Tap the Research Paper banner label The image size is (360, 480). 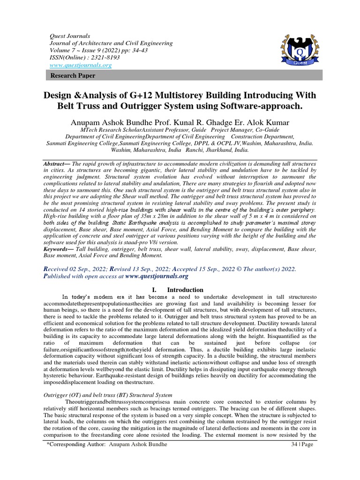[73, 75]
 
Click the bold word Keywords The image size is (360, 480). [58, 249]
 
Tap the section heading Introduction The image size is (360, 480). [186, 290]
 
